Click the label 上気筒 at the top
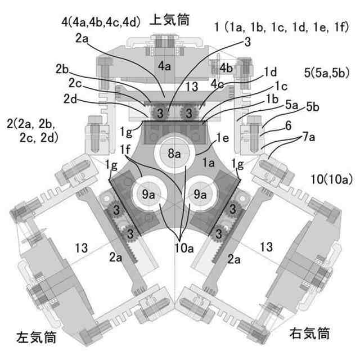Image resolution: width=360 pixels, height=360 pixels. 169,20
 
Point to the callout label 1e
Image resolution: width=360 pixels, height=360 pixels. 223,137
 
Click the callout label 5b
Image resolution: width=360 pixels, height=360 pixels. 312,106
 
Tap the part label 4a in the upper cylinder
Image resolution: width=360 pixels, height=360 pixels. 164,66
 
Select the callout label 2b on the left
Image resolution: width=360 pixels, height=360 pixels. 63,70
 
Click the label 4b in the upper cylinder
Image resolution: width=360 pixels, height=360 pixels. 226,69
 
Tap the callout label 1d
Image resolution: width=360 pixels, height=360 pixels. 271,72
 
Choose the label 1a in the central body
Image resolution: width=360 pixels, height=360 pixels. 209,163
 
